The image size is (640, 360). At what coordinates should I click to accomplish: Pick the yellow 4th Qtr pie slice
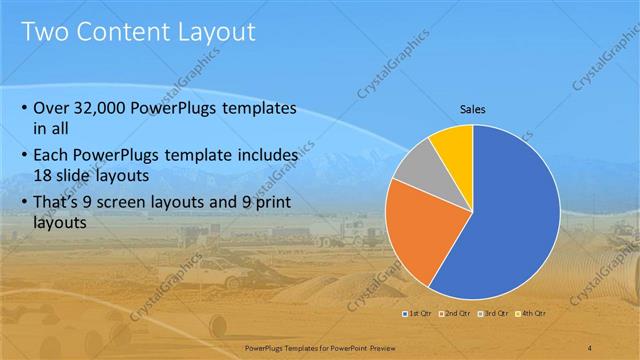point(454,145)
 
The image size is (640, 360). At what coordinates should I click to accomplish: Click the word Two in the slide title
point(45,32)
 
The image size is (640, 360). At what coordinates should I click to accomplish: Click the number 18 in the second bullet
point(45,175)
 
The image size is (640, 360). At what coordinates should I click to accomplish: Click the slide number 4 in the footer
point(591,348)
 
